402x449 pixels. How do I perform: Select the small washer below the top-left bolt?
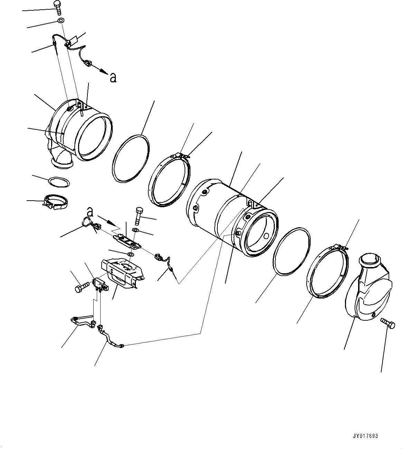pyautogui.click(x=60, y=21)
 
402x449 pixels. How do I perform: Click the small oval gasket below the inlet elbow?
pyautogui.click(x=59, y=182)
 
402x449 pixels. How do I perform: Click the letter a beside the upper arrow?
pyautogui.click(x=113, y=77)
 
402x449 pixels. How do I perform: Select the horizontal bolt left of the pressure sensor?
pyautogui.click(x=82, y=287)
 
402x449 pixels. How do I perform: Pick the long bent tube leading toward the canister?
pyautogui.click(x=110, y=337)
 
